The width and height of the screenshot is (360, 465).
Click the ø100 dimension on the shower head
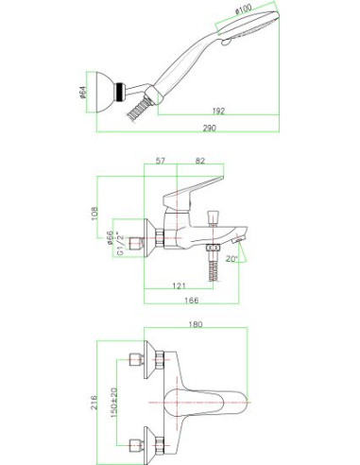(244, 9)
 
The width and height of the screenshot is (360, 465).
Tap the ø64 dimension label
(83, 92)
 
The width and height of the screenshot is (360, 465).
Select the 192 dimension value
(218, 111)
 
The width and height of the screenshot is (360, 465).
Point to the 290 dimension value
(210, 128)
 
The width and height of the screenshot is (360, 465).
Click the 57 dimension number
(161, 161)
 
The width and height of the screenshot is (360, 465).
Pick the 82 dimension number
(200, 161)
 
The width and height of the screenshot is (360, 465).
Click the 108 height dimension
(94, 214)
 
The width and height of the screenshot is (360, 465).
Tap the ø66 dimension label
(110, 238)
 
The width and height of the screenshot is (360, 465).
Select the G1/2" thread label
(119, 244)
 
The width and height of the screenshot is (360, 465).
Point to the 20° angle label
(231, 259)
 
